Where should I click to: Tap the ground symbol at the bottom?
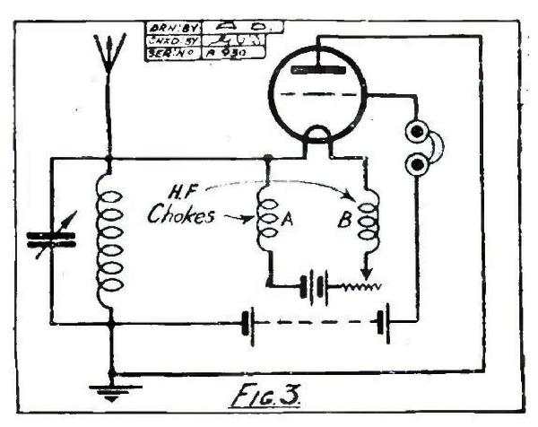pos(109,388)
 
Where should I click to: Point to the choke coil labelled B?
pos(365,224)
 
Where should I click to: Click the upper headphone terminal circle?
pos(416,131)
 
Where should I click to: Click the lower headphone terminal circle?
pos(416,165)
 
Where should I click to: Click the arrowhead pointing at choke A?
pos(251,218)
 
